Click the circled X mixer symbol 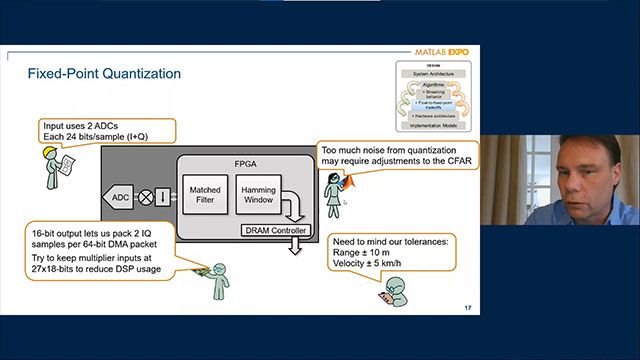[146, 197]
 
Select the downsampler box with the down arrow [164, 197]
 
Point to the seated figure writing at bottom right [389, 290]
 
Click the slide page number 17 [467, 306]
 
